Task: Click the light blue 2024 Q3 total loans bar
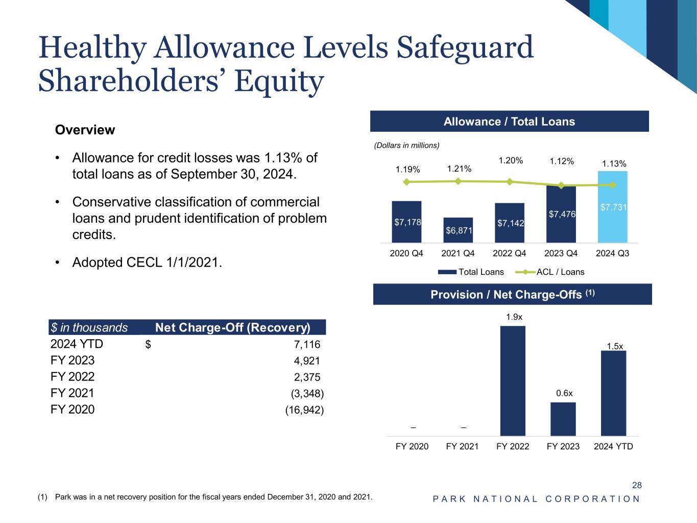click(612, 207)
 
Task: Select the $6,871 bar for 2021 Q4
click(458, 230)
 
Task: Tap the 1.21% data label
click(459, 169)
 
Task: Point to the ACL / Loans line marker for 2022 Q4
click(510, 182)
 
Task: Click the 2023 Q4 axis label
click(561, 253)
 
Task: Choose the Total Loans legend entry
click(471, 272)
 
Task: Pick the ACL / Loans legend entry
click(549, 272)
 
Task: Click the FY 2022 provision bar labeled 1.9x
click(513, 381)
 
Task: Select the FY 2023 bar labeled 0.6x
click(563, 419)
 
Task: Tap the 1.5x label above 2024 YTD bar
click(615, 346)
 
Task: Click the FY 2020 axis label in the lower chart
click(412, 446)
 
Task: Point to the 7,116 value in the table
click(307, 345)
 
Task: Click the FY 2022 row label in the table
click(73, 376)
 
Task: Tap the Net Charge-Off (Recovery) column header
click(233, 327)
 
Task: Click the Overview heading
click(85, 130)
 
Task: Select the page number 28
click(637, 485)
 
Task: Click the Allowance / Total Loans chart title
click(509, 122)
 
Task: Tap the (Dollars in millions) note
click(406, 146)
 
